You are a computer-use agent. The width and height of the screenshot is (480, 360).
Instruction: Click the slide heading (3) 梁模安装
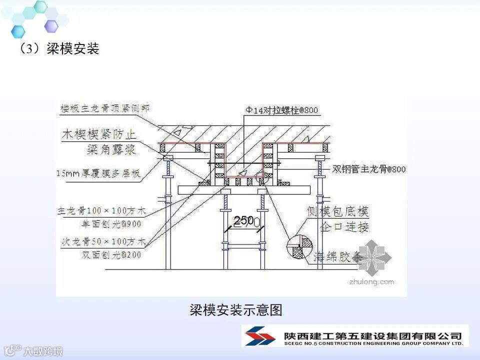click(59, 48)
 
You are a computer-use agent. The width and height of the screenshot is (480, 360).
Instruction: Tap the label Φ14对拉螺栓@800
click(281, 110)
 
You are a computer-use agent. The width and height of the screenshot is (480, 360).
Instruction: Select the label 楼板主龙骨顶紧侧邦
click(104, 107)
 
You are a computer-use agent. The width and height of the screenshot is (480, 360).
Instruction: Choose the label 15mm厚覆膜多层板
click(97, 173)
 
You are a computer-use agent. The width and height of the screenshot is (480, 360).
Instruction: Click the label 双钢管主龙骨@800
click(369, 169)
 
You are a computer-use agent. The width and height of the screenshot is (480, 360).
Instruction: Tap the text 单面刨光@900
click(111, 224)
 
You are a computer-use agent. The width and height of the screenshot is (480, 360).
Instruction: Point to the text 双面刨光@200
click(111, 255)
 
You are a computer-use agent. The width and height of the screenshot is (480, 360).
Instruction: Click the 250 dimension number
click(243, 220)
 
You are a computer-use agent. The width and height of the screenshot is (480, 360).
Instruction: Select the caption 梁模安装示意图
click(236, 310)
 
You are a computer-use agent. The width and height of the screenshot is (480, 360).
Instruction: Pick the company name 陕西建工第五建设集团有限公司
click(372, 335)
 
